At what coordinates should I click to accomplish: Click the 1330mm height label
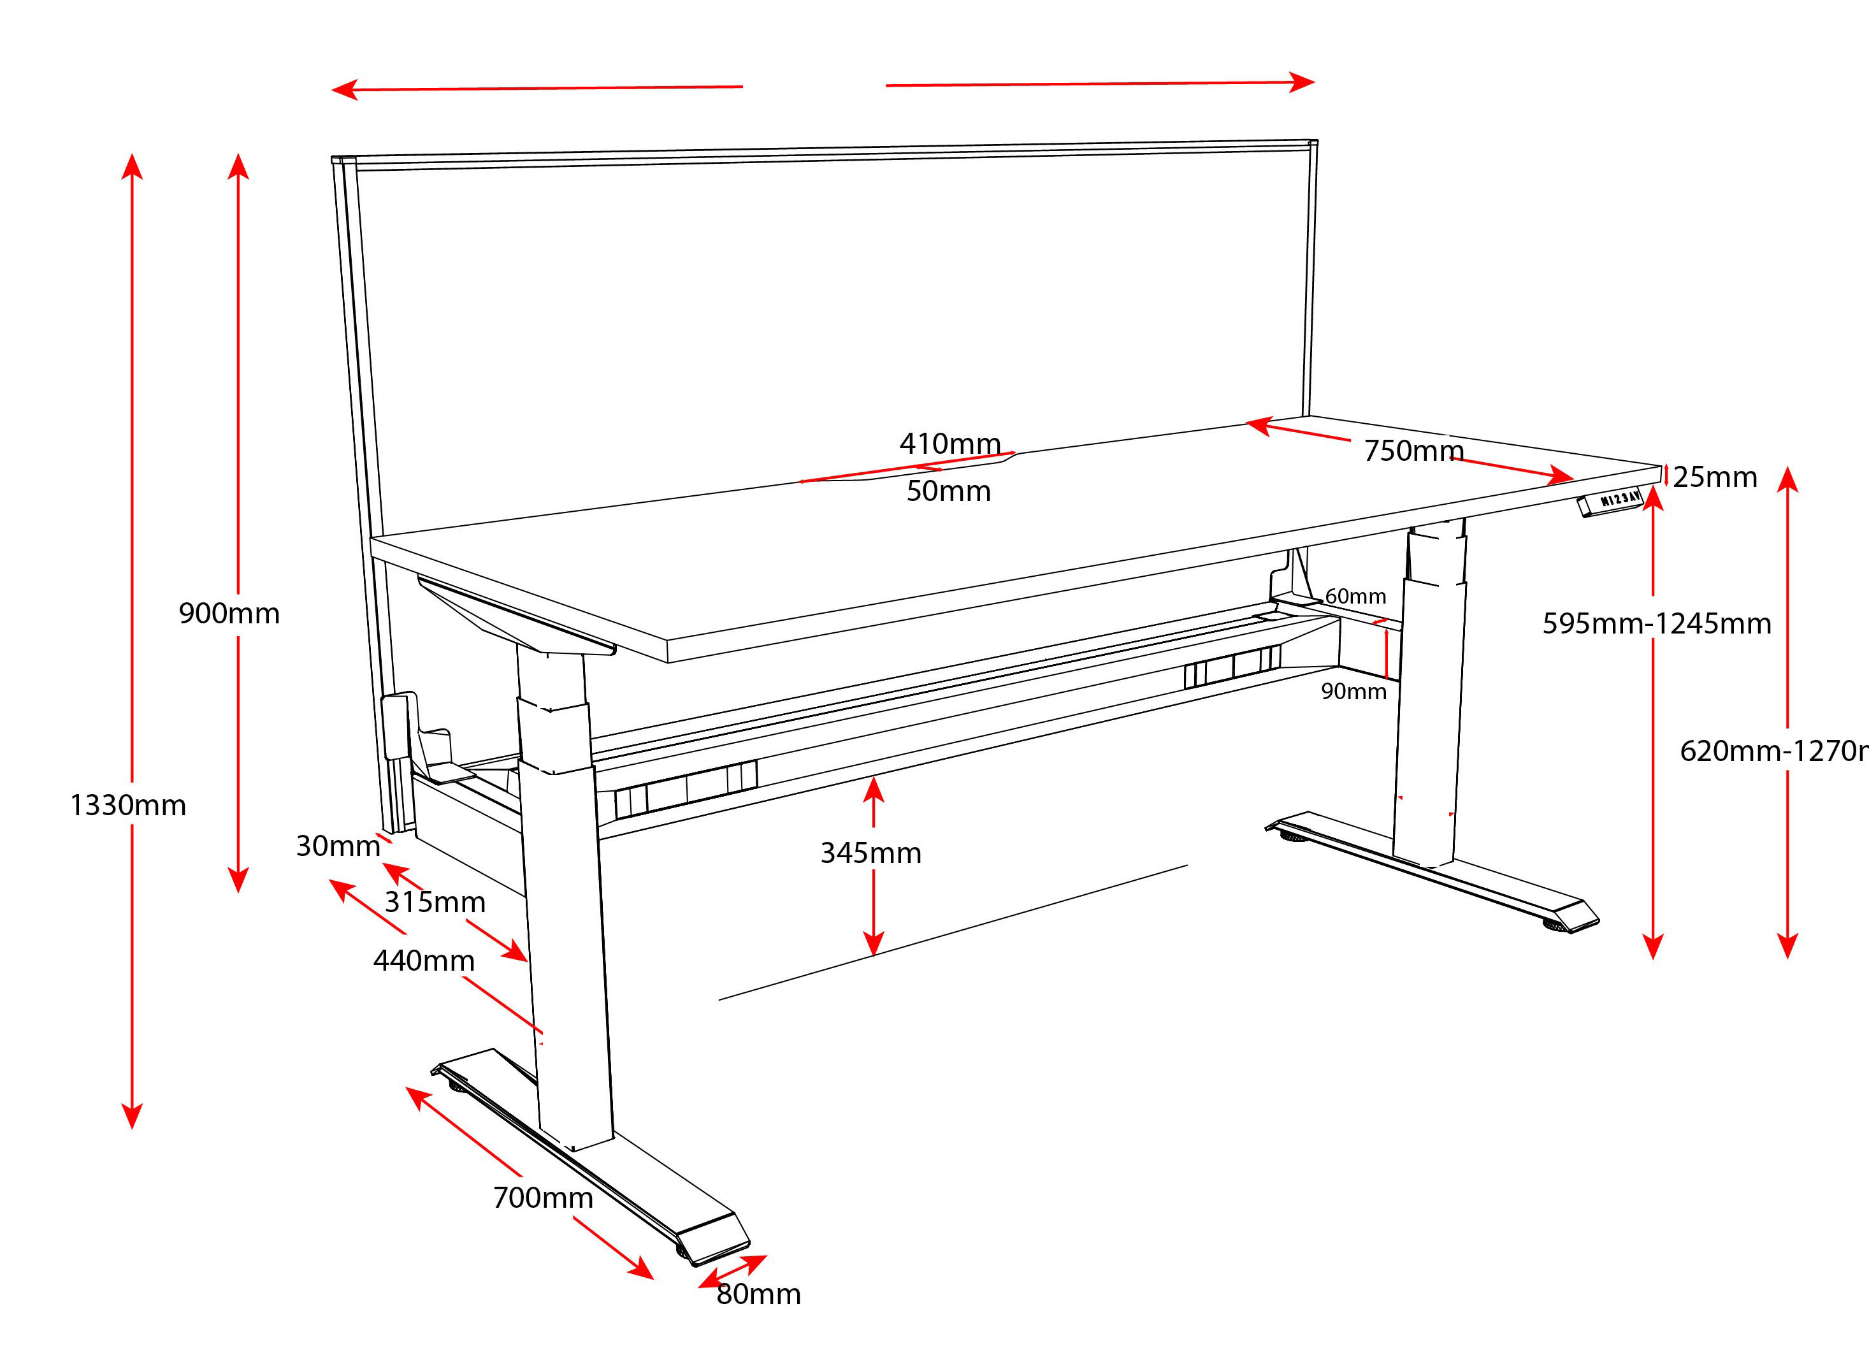click(x=127, y=805)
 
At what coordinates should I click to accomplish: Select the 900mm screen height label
click(x=229, y=613)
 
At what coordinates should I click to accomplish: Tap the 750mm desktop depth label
click(x=1413, y=451)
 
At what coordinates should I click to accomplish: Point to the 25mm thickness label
click(x=1714, y=477)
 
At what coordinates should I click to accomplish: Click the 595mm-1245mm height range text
click(x=1656, y=623)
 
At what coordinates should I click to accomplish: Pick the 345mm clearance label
click(x=871, y=852)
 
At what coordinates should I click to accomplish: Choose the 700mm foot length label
click(x=543, y=1198)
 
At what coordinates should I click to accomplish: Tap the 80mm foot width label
click(x=758, y=1294)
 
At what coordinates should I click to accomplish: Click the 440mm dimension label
click(x=424, y=960)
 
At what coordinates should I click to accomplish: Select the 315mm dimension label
click(x=435, y=902)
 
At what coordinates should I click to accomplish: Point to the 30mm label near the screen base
click(x=338, y=846)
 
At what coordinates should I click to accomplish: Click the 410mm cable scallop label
click(x=949, y=444)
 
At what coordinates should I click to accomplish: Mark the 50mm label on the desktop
click(x=948, y=491)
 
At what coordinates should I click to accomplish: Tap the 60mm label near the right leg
click(x=1355, y=596)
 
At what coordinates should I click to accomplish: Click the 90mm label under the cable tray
click(x=1354, y=691)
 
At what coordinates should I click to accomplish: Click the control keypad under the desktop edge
click(x=1611, y=502)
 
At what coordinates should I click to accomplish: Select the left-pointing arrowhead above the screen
click(x=343, y=89)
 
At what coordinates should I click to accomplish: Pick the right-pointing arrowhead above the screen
click(x=1302, y=82)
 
